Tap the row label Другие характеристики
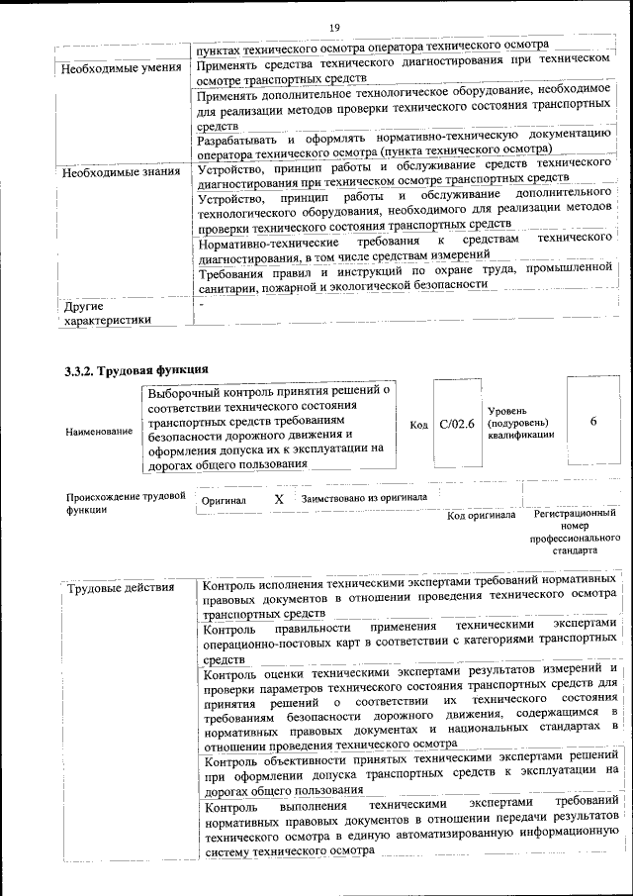pyautogui.click(x=108, y=313)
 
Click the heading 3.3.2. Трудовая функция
pyautogui.click(x=136, y=371)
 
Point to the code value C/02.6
pyautogui.click(x=457, y=424)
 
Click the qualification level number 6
pyautogui.click(x=593, y=422)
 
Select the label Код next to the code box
pyautogui.click(x=418, y=425)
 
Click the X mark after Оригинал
pyautogui.click(x=279, y=500)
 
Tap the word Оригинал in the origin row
pyautogui.click(x=224, y=501)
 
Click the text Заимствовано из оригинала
pyautogui.click(x=364, y=498)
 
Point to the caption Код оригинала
pyautogui.click(x=482, y=516)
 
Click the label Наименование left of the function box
pyautogui.click(x=99, y=433)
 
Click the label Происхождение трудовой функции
pyautogui.click(x=126, y=501)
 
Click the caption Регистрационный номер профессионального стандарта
pyautogui.click(x=575, y=532)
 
